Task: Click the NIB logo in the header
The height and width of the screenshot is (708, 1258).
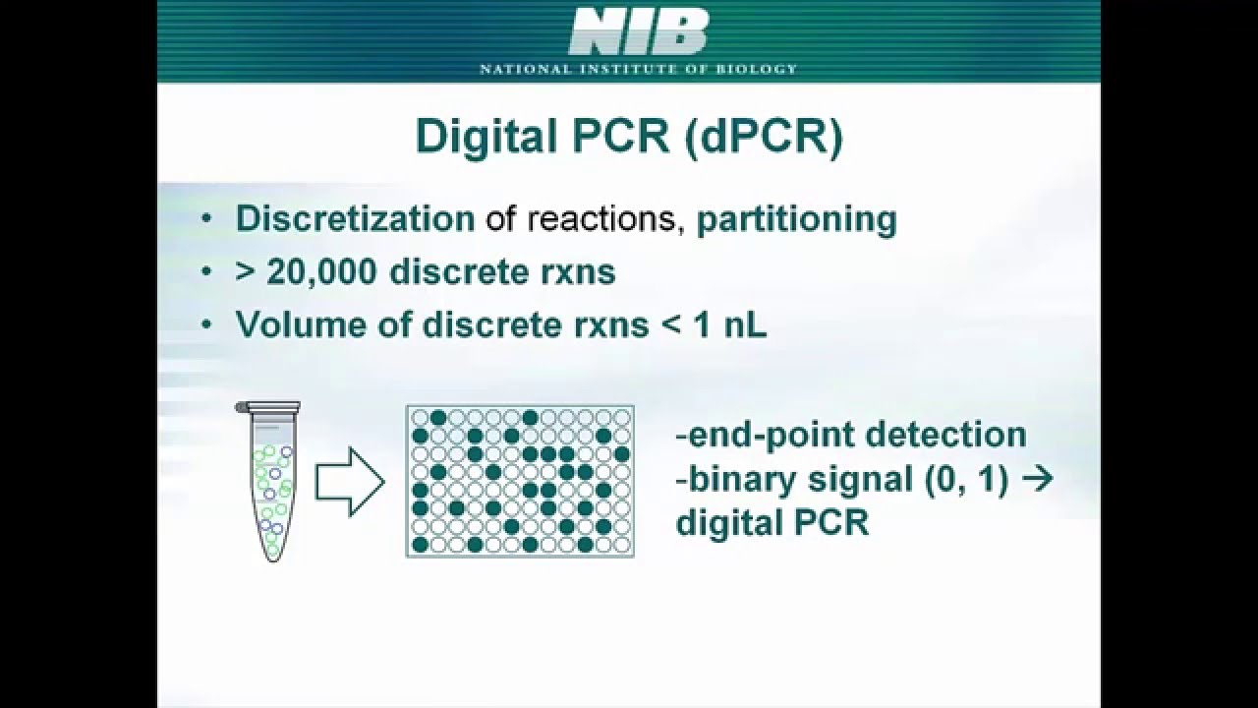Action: point(638,32)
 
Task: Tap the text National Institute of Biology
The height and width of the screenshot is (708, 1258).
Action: point(638,69)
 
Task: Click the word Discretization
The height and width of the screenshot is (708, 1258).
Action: point(355,219)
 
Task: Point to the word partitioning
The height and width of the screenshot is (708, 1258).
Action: point(796,219)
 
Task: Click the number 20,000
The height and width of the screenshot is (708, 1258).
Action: point(320,272)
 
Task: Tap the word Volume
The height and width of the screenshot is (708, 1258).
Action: point(300,324)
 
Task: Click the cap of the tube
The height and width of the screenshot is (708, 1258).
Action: point(267,406)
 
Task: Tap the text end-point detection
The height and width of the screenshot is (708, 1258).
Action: point(851,435)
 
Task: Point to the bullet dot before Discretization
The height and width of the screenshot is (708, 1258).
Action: point(205,219)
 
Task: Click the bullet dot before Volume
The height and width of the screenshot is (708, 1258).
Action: point(205,325)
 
